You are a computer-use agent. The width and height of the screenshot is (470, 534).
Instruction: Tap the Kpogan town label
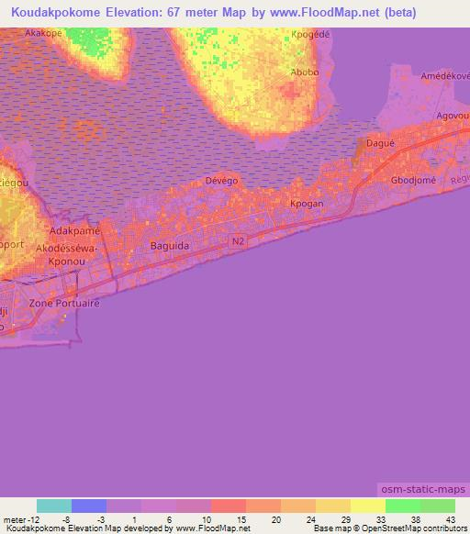(x=305, y=204)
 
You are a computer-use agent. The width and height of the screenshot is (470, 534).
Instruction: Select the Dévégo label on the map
(x=221, y=181)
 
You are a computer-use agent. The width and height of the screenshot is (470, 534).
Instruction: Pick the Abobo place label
(x=304, y=72)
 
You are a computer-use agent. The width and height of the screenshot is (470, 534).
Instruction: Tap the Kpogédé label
(x=309, y=36)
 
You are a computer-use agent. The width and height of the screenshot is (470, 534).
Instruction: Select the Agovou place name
(x=453, y=117)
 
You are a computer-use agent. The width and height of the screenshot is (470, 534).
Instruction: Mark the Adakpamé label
(x=74, y=231)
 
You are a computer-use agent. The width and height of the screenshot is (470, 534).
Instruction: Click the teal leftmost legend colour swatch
(x=54, y=506)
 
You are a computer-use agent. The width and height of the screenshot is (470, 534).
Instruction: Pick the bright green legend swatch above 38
(x=402, y=506)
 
